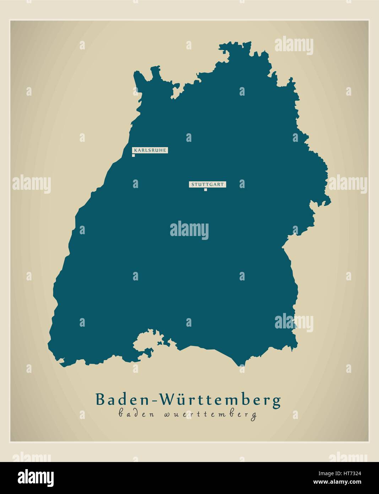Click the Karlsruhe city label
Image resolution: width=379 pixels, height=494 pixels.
[x=150, y=150]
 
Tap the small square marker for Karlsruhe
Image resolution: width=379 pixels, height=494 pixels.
[x=134, y=155]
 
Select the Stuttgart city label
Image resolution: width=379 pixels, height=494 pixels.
[x=208, y=184]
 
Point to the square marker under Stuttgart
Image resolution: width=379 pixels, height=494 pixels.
[x=205, y=190]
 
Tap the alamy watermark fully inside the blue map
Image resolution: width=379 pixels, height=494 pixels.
[x=189, y=230]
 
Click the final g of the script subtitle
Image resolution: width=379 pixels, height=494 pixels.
[x=254, y=416]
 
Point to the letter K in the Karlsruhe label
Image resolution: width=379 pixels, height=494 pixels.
[x=135, y=150]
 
